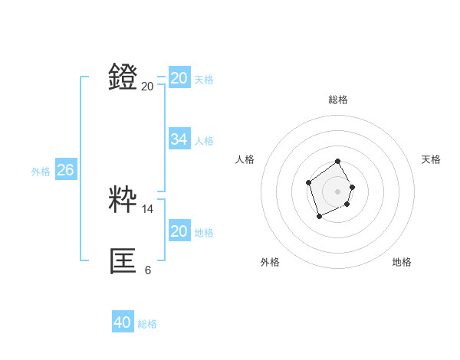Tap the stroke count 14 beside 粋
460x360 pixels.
[148, 208]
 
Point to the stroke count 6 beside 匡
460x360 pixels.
[148, 270]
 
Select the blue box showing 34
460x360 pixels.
[179, 139]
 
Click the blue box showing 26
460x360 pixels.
[65, 170]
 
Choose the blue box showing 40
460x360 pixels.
[123, 322]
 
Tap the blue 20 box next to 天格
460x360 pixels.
[179, 78]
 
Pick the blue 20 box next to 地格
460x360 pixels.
[179, 231]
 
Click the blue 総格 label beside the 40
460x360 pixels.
[147, 324]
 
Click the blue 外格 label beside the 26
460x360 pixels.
[41, 172]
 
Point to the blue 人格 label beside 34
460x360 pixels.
[204, 141]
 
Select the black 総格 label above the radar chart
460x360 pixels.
[338, 100]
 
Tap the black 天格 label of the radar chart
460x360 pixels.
[432, 159]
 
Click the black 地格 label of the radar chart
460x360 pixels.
[402, 262]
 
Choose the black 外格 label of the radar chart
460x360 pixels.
[270, 262]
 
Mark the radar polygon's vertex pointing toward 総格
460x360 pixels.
[338, 162]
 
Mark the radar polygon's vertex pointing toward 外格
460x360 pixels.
[320, 217]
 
